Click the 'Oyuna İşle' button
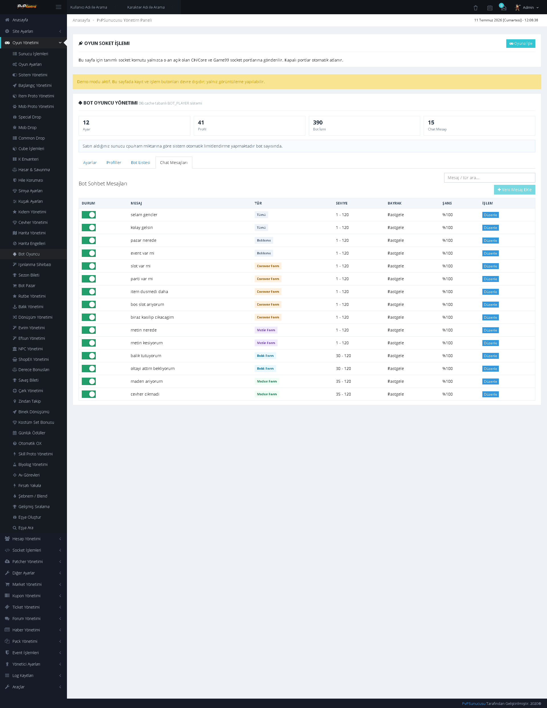pyautogui.click(x=521, y=44)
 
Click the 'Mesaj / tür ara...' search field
pyautogui.click(x=489, y=178)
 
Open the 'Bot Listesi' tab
pyautogui.click(x=140, y=163)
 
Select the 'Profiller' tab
pyautogui.click(x=114, y=163)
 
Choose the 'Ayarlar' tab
pyautogui.click(x=90, y=163)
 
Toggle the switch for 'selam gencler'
pyautogui.click(x=89, y=215)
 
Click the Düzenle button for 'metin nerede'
pyautogui.click(x=490, y=330)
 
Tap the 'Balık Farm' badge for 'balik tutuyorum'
pyautogui.click(x=265, y=356)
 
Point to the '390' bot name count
pyautogui.click(x=318, y=122)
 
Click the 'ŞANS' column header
pyautogui.click(x=447, y=203)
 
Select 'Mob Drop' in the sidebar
pyautogui.click(x=27, y=128)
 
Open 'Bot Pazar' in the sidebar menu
pyautogui.click(x=26, y=286)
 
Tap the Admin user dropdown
pyautogui.click(x=527, y=7)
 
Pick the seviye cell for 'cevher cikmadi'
pyautogui.click(x=343, y=394)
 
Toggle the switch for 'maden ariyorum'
pyautogui.click(x=89, y=381)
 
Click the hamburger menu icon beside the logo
pyautogui.click(x=58, y=7)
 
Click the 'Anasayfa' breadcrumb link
pyautogui.click(x=81, y=20)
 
